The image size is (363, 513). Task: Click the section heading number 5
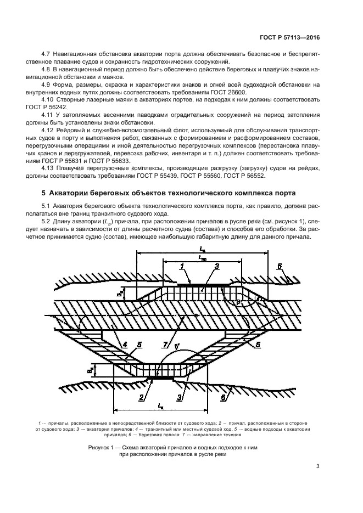coord(44,193)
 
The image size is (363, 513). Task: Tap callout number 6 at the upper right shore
coord(280,266)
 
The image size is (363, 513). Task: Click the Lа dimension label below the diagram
coord(160,407)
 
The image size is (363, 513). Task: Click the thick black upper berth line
coord(203,285)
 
